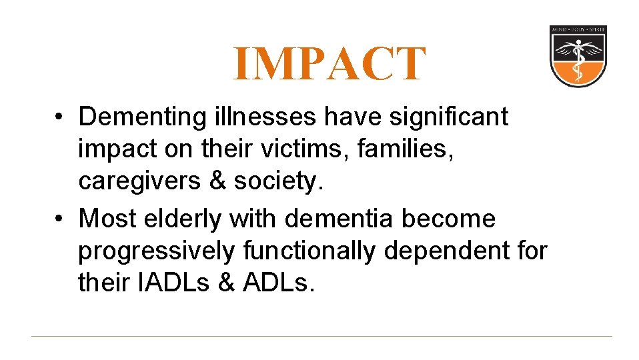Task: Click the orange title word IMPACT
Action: point(329,65)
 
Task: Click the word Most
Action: point(108,218)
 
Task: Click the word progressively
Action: point(157,251)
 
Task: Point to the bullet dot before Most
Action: point(59,219)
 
